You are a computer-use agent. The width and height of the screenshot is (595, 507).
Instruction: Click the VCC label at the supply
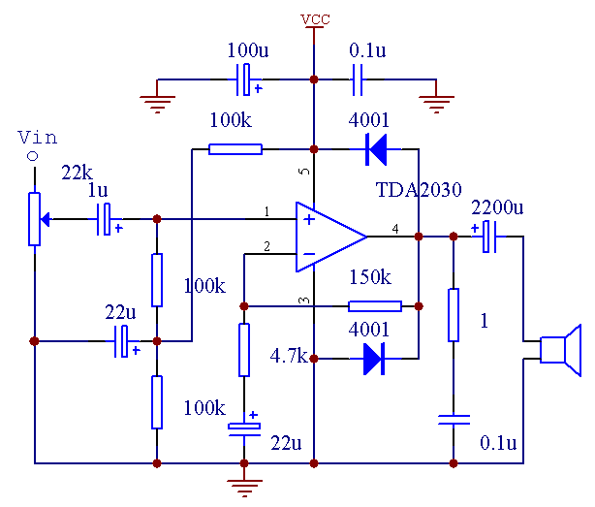click(x=313, y=19)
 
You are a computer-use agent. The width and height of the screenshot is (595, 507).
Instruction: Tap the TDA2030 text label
click(x=420, y=189)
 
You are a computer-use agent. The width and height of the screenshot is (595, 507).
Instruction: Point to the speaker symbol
click(x=560, y=350)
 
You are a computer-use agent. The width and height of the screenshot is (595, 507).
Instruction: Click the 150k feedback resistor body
click(x=374, y=306)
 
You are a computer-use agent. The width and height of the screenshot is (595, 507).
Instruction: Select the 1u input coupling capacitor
click(x=108, y=219)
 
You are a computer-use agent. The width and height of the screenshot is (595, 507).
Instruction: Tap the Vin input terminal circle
click(x=33, y=156)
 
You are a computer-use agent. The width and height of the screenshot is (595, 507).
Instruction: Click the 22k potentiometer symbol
click(x=35, y=218)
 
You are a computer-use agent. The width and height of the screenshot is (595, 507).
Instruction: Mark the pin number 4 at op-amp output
click(x=394, y=229)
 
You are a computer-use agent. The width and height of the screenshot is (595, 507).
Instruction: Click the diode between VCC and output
click(x=375, y=149)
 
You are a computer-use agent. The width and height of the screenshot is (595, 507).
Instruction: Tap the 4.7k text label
click(x=286, y=356)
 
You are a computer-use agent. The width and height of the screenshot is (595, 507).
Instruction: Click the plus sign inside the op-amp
click(x=309, y=219)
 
